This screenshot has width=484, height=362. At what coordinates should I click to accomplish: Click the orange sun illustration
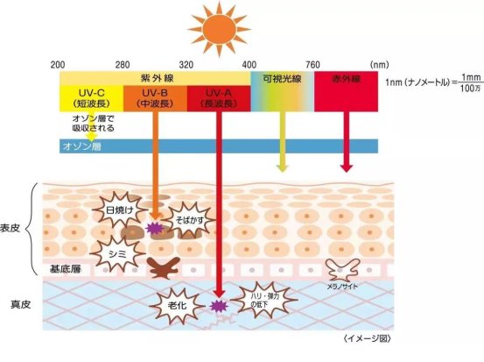tap(219, 29)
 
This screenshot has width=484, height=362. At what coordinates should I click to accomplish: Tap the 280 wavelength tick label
tap(123, 65)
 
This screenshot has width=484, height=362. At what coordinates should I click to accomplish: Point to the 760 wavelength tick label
tap(312, 65)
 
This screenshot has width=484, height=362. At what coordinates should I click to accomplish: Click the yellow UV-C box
tap(91, 98)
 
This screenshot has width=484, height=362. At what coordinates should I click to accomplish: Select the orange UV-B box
tap(155, 98)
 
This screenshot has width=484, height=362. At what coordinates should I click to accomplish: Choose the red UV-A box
tap(219, 98)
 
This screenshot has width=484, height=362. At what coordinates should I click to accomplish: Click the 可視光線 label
tap(282, 79)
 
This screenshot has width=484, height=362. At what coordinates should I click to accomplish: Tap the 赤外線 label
tap(346, 79)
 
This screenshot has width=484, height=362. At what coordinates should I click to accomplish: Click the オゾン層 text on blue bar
tap(82, 146)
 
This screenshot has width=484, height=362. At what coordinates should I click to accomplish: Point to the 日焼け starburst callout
tap(120, 210)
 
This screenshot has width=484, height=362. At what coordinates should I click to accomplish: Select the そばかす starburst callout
tap(189, 220)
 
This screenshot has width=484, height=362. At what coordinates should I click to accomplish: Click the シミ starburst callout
tap(117, 254)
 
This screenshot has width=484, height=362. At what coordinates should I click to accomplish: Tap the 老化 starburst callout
tap(177, 305)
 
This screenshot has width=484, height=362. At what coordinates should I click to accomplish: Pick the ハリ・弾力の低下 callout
tap(264, 300)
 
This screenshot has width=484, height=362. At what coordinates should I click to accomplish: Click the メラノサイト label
tap(342, 287)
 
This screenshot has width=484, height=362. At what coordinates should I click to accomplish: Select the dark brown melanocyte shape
tap(164, 267)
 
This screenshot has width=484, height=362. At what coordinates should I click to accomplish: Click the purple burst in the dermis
tap(219, 307)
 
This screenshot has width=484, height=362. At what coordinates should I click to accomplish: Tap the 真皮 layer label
tap(20, 305)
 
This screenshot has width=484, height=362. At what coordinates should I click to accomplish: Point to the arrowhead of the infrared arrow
tap(347, 168)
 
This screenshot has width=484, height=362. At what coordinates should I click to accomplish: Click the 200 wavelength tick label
tap(58, 65)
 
